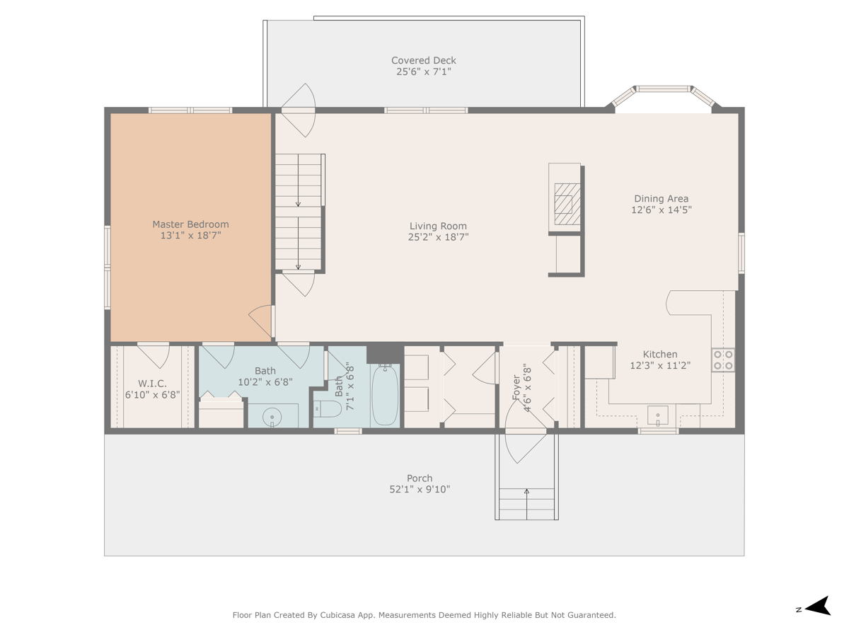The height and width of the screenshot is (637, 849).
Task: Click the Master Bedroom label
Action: (x=190, y=224)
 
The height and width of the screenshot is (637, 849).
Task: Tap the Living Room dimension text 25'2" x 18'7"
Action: (x=438, y=238)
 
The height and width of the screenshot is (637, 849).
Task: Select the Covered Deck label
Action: (x=424, y=61)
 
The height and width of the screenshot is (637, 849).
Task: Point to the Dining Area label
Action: (x=661, y=199)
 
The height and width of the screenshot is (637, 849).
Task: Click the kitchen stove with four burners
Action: (x=723, y=360)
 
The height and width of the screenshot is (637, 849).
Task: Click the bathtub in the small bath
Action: (x=385, y=395)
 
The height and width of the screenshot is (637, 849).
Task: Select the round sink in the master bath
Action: (x=272, y=418)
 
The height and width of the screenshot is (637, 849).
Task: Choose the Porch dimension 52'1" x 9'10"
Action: (x=420, y=489)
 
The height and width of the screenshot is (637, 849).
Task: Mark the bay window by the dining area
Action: (x=663, y=97)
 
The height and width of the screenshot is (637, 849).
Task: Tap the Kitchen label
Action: (x=659, y=355)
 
